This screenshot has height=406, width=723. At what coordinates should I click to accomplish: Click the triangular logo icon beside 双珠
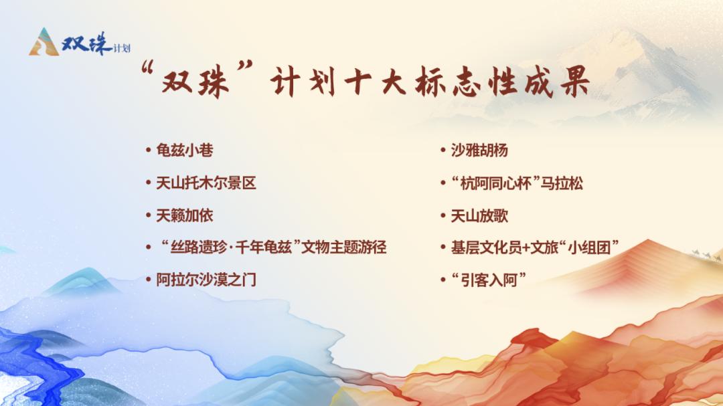click(x=44, y=42)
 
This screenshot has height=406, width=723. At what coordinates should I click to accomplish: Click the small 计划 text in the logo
click(x=121, y=48)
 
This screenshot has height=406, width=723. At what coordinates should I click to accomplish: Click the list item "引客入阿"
click(x=484, y=280)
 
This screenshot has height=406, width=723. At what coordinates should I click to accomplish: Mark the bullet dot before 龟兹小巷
click(x=149, y=150)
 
